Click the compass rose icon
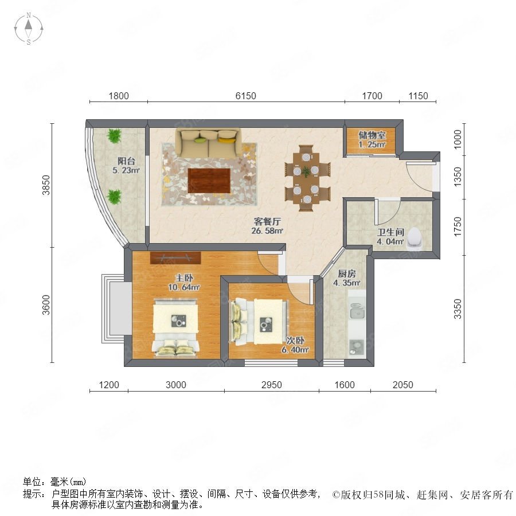point(29,29)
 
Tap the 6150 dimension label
point(245,96)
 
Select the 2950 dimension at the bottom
point(272,385)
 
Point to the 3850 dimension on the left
point(46,185)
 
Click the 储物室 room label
point(372,135)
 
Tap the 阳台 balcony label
point(126,161)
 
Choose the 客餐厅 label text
point(267,221)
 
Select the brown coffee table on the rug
point(209,181)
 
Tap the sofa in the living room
point(208,143)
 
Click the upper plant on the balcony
point(114,135)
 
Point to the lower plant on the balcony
point(114,197)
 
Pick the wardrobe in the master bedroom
point(175,257)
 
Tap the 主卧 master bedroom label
point(184,278)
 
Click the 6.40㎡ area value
point(295,350)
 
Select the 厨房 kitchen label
point(346,273)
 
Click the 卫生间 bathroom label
point(390,232)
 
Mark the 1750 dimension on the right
point(458,226)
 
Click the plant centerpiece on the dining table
point(306,171)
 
